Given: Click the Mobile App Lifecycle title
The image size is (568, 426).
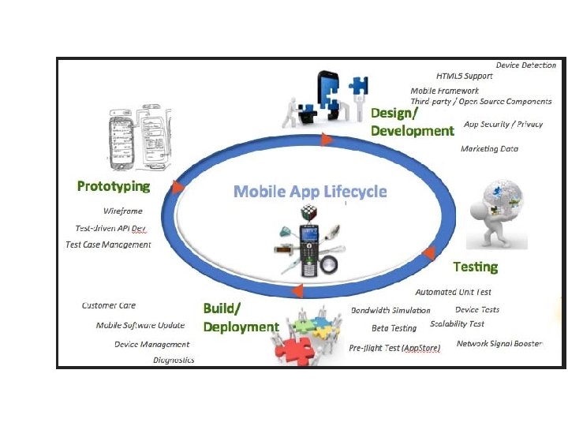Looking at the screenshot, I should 310,192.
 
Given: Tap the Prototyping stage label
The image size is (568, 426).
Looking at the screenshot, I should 114,186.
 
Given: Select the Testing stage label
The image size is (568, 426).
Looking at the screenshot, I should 475,266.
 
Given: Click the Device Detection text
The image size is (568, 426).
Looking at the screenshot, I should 525,65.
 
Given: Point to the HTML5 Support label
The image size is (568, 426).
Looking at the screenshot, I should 465,76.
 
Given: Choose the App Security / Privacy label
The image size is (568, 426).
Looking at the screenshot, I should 503,125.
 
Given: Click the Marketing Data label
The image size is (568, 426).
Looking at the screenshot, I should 489,148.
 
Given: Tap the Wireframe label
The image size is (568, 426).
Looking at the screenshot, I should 123,211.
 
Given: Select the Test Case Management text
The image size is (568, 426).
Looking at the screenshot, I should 108,245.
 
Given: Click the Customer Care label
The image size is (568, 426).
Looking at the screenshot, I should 109,305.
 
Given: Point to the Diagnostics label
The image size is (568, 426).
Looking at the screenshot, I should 174,360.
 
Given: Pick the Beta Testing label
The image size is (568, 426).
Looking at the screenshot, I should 394,328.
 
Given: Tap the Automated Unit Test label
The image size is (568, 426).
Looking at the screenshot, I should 453,292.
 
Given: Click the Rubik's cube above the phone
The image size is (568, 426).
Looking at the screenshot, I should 307,211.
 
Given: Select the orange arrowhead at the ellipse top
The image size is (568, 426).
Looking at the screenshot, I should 326,140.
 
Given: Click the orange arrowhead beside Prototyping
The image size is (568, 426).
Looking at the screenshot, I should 177,188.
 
